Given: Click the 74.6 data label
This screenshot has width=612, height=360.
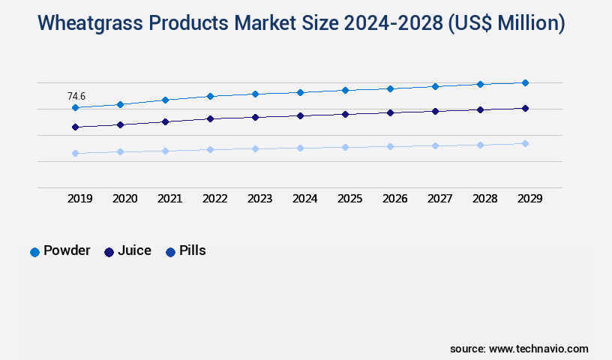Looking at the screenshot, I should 76,96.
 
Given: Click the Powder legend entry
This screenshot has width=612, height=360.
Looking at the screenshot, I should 60,251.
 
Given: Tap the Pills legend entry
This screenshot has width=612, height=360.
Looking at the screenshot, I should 185,251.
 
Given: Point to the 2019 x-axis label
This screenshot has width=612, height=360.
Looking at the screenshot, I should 80,199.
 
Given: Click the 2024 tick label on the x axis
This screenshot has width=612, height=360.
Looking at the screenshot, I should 305,199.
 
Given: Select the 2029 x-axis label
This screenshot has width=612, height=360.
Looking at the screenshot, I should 530,199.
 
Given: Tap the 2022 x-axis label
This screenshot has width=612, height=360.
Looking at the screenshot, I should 215,199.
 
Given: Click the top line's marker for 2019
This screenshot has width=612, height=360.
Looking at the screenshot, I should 75,108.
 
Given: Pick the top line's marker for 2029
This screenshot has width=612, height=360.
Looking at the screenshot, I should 525,82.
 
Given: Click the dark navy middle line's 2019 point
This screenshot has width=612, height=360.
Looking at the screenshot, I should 75,127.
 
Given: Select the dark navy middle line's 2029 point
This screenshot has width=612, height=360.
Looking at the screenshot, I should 525,109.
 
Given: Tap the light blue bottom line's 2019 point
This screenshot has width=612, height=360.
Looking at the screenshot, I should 75,154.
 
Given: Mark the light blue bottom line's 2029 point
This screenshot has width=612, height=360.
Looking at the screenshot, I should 525,143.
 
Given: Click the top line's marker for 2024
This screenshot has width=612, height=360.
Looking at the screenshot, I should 300,92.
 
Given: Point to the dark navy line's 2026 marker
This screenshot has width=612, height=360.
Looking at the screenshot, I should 390,112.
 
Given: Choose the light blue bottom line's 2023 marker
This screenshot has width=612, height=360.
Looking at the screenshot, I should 255,148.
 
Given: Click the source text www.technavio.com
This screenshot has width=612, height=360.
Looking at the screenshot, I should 538,349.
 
